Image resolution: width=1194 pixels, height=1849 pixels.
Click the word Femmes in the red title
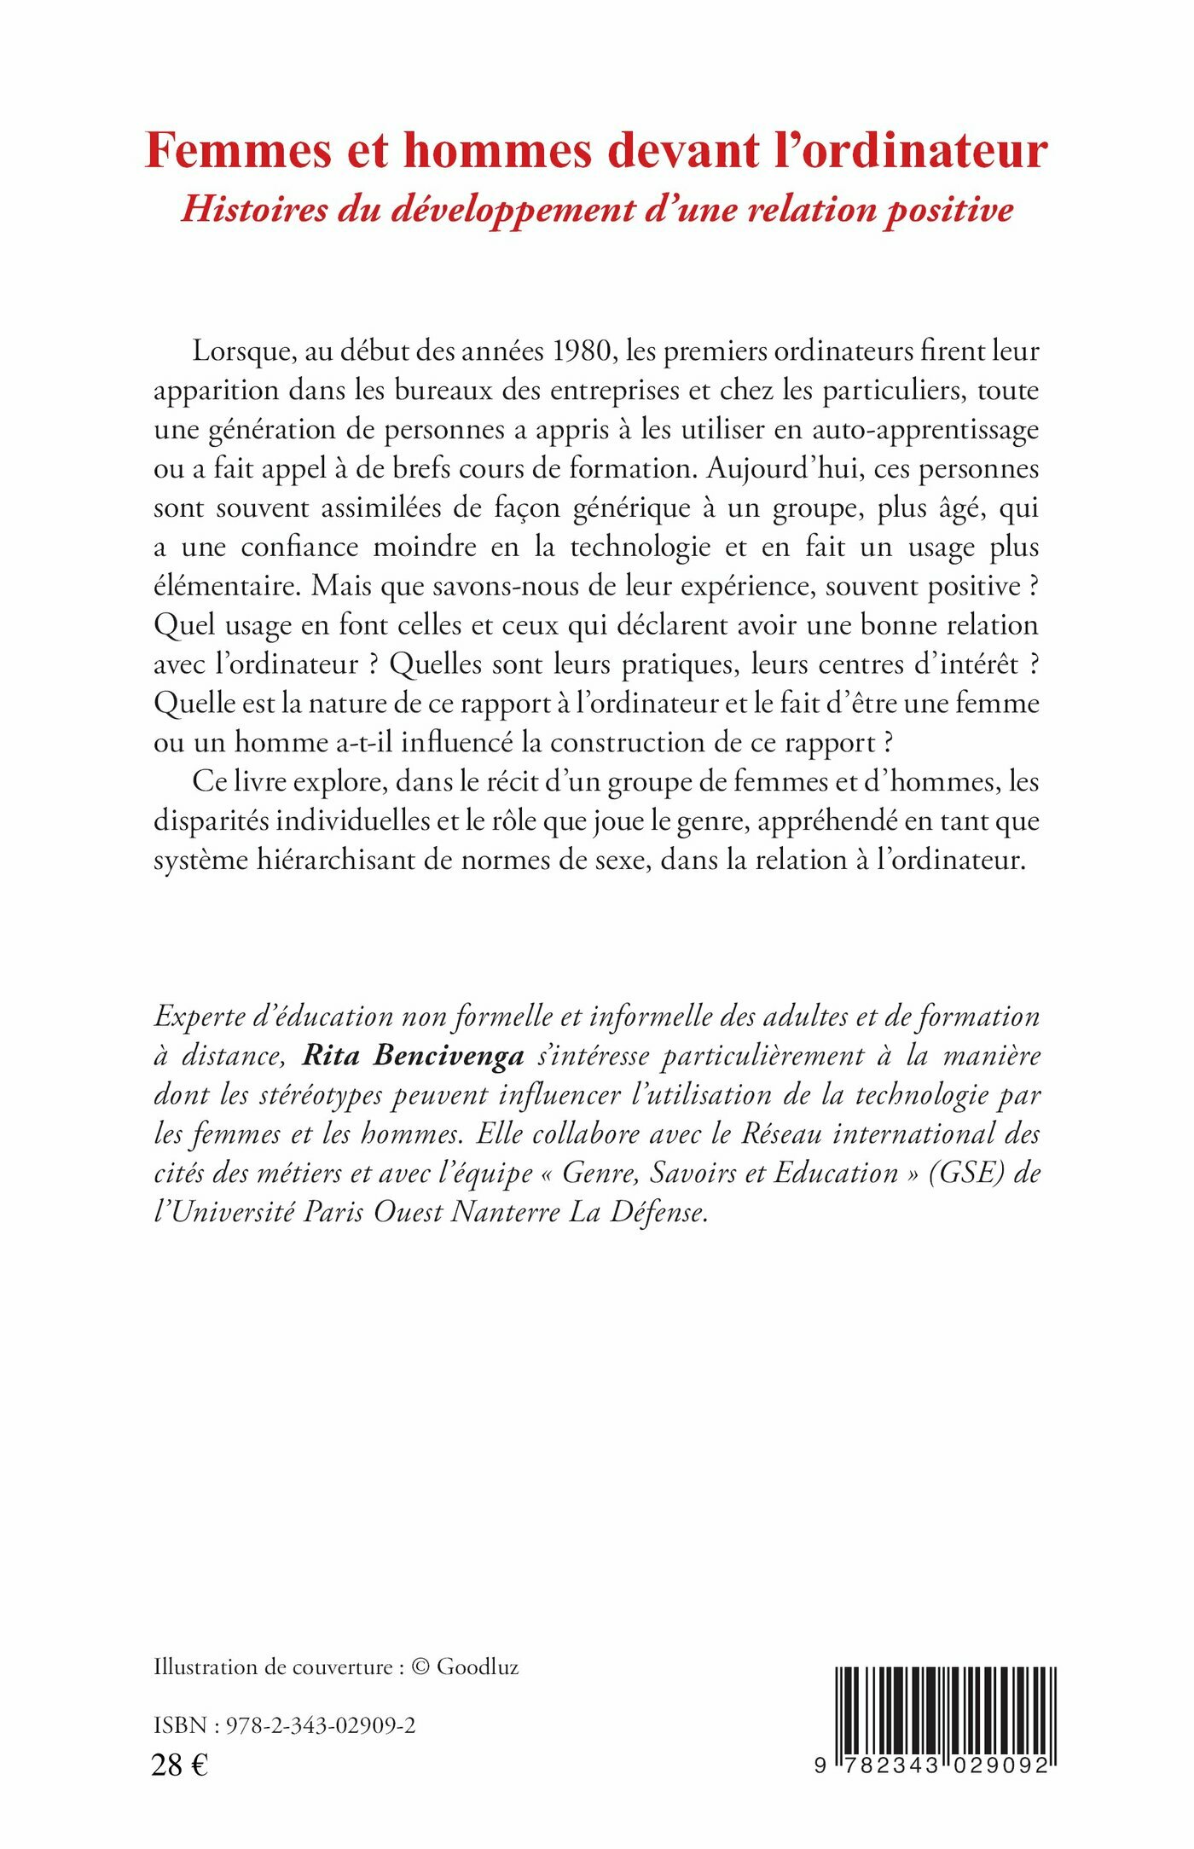tap(239, 151)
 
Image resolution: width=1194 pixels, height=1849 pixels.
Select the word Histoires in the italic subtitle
tap(253, 210)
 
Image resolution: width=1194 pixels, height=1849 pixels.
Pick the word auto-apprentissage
tap(924, 429)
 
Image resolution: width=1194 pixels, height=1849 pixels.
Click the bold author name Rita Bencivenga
tap(414, 1056)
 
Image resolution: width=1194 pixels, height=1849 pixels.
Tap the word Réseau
tap(782, 1134)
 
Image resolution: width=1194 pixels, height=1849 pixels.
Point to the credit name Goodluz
tap(478, 1667)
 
